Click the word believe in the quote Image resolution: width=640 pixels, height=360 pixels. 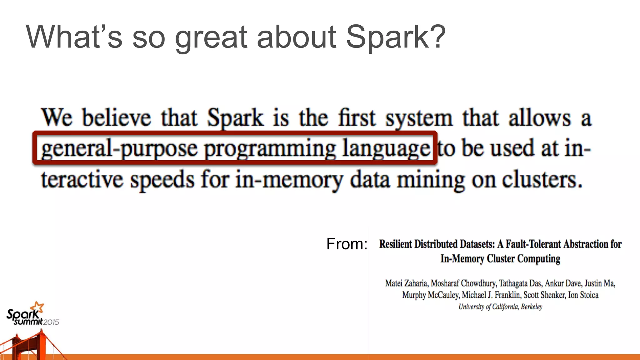point(116,118)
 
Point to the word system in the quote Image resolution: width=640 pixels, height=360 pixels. point(419,118)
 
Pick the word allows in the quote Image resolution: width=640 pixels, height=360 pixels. point(540,118)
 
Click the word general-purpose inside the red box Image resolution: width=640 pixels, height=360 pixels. point(119,148)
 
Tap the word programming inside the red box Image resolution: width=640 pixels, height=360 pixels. point(270,149)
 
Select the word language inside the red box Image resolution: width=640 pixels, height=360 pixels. point(386,149)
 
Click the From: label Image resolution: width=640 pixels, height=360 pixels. point(347,244)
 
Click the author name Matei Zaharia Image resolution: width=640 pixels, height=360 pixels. point(406,283)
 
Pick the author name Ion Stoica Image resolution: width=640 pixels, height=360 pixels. point(583,295)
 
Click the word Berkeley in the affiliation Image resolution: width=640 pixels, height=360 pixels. point(532,307)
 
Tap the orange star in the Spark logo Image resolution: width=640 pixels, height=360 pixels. point(38,307)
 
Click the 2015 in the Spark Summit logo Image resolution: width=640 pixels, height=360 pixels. point(51,322)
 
